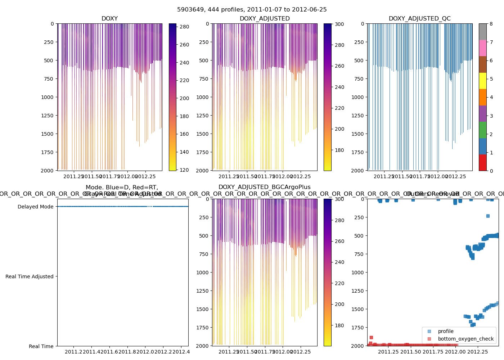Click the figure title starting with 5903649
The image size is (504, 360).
click(x=252, y=10)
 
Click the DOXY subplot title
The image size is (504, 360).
click(x=109, y=19)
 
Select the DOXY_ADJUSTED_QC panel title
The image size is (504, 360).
click(x=419, y=19)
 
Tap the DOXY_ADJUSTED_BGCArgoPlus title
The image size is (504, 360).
click(x=264, y=187)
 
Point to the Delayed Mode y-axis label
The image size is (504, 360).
click(x=35, y=207)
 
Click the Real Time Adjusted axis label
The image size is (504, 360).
click(x=29, y=276)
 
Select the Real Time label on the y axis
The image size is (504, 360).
click(x=41, y=346)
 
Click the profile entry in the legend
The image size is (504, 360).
click(x=446, y=331)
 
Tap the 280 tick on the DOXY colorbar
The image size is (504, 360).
click(x=184, y=27)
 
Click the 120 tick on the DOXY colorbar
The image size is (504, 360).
click(x=184, y=170)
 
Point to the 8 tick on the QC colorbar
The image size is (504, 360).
click(x=491, y=24)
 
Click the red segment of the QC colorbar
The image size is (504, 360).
click(x=483, y=162)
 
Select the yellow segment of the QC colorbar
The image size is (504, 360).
click(x=483, y=81)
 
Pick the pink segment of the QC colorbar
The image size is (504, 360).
click(x=483, y=48)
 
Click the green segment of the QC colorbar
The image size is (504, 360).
click(x=483, y=130)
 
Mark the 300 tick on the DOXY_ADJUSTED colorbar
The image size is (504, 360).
click(x=339, y=24)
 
